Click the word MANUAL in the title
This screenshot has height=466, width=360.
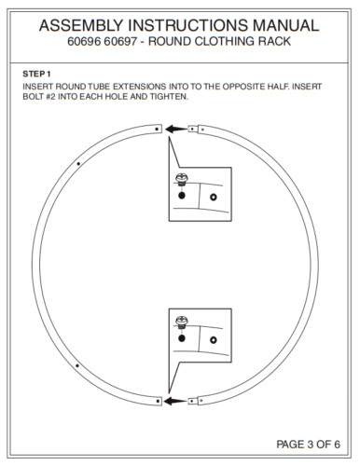tap(285, 25)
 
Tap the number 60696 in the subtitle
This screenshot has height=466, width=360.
tap(84, 41)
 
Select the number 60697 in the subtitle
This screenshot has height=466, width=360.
tap(120, 41)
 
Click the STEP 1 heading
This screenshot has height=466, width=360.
tap(36, 74)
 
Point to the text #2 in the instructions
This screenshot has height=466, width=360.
tap(50, 96)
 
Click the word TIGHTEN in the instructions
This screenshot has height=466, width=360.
tap(169, 96)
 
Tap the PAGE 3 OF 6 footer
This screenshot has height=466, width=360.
tap(308, 445)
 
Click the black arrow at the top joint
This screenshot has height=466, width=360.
tap(176, 129)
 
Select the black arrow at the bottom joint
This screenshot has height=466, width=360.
tap(175, 401)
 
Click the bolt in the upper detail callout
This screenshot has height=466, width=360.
tap(182, 180)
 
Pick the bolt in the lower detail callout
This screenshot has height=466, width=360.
tap(182, 322)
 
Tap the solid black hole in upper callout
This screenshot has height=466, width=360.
tap(182, 196)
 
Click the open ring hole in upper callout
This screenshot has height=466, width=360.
tap(214, 197)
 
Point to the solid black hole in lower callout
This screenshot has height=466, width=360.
tap(182, 338)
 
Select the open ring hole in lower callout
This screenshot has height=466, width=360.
tap(214, 340)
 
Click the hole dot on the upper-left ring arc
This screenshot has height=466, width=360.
tap(78, 163)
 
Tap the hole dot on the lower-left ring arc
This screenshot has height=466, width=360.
tap(77, 365)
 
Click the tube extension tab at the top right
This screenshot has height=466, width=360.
tap(193, 129)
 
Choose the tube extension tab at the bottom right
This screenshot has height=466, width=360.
tap(193, 401)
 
